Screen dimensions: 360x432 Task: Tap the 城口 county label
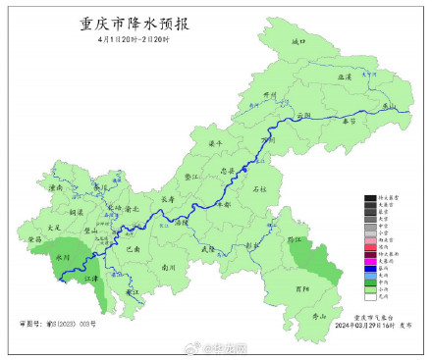[299, 42]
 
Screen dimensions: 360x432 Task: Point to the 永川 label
[65, 257]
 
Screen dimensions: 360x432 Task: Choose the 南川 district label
[167, 267]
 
